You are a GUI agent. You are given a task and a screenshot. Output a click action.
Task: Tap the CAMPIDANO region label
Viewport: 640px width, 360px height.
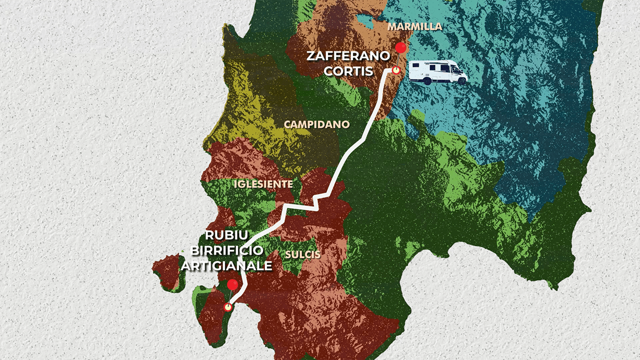pyautogui.click(x=316, y=124)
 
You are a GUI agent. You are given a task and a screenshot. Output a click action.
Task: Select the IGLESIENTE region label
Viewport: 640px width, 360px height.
pyautogui.click(x=263, y=184)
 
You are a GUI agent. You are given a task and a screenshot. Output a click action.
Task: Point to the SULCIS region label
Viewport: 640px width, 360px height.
pyautogui.click(x=302, y=254)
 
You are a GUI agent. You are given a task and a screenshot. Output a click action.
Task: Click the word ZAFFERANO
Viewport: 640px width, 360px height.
pyautogui.click(x=348, y=56)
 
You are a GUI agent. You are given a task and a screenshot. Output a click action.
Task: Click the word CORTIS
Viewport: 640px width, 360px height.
pyautogui.click(x=348, y=71)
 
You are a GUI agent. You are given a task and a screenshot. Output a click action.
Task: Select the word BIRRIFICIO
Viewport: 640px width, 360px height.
pyautogui.click(x=226, y=251)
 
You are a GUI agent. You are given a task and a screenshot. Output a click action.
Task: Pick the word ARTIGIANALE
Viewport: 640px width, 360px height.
pyautogui.click(x=226, y=265)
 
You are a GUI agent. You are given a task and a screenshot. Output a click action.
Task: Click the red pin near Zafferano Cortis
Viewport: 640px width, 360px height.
pyautogui.click(x=400, y=48)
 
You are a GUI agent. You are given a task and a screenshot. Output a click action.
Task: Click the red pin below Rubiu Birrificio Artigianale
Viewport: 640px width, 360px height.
pyautogui.click(x=232, y=284)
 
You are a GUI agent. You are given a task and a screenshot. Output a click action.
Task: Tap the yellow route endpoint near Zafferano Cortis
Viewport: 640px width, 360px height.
pyautogui.click(x=396, y=70)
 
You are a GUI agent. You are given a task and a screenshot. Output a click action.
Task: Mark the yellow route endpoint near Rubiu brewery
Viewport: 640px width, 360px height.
pyautogui.click(x=228, y=307)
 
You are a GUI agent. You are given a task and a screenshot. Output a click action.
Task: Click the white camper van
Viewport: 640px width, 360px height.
pyautogui.click(x=437, y=71)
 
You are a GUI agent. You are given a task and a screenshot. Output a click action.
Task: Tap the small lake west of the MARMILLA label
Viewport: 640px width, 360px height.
pyautogui.click(x=364, y=21)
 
